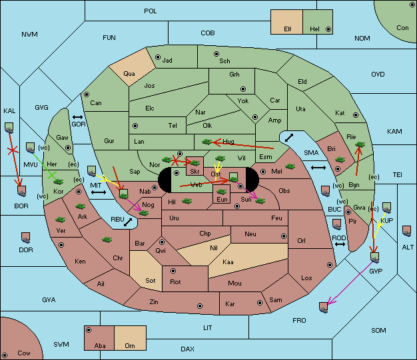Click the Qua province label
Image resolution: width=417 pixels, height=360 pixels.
(x=129, y=74)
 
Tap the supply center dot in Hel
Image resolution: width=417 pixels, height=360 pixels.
(x=328, y=29)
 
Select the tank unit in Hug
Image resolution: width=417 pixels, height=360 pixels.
(x=207, y=142)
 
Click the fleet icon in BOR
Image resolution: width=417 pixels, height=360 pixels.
(x=21, y=191)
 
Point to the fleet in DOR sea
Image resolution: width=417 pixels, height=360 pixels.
(x=25, y=238)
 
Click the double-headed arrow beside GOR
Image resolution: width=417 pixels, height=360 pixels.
(x=77, y=117)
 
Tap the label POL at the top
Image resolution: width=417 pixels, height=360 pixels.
(x=151, y=11)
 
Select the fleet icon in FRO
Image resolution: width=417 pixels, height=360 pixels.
(x=323, y=307)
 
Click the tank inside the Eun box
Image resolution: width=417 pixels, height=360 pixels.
(x=221, y=191)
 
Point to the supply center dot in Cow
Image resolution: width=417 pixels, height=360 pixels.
(x=5, y=355)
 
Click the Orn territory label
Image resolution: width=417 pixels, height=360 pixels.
(x=130, y=345)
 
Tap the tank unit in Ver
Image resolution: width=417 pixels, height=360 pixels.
(x=60, y=220)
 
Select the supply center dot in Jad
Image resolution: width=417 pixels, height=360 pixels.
(x=158, y=57)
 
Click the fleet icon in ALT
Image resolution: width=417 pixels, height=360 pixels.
(x=406, y=231)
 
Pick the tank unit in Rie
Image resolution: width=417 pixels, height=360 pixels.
(x=360, y=144)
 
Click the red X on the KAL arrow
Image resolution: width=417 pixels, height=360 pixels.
(x=13, y=151)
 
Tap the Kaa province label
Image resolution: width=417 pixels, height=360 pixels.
(x=228, y=262)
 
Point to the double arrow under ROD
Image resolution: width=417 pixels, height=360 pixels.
(x=340, y=244)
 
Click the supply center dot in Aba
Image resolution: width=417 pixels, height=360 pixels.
(x=89, y=330)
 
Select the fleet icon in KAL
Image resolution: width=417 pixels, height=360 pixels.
(x=9, y=128)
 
